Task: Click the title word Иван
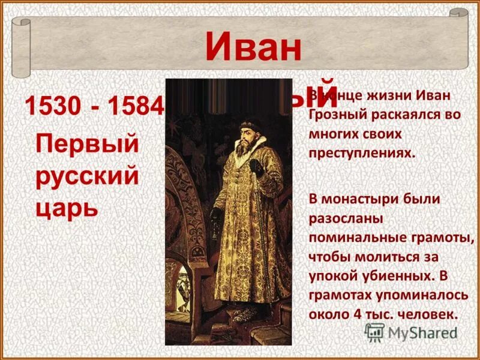click(x=253, y=48)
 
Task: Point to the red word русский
click(x=88, y=176)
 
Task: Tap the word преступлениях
click(x=362, y=152)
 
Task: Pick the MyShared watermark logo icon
click(x=374, y=332)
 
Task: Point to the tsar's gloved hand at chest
click(x=256, y=166)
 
